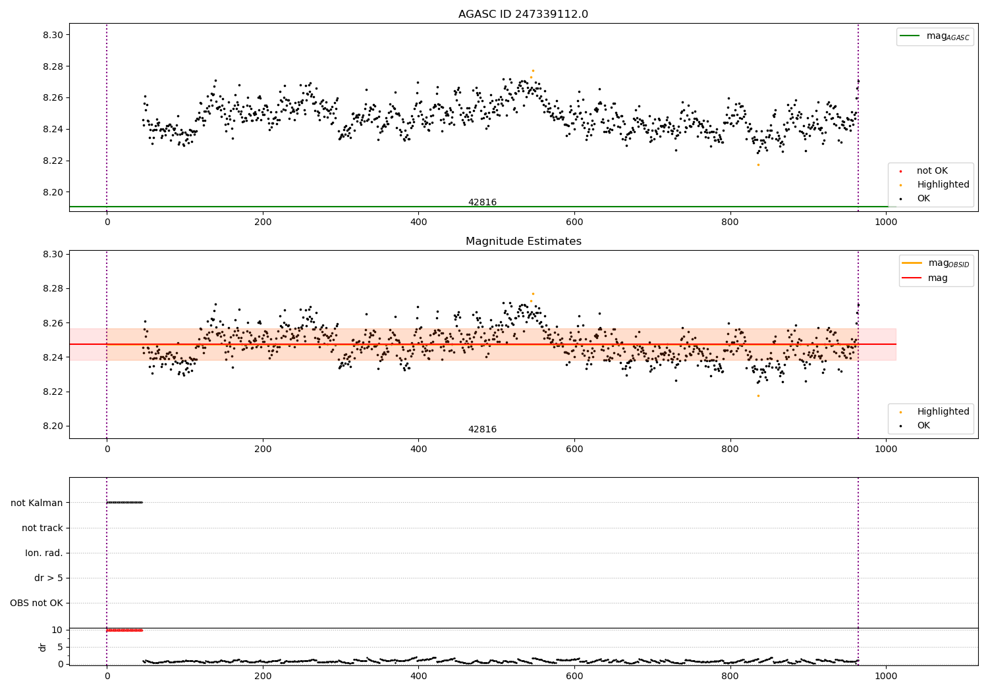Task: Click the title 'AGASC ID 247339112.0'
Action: pyautogui.click(x=523, y=14)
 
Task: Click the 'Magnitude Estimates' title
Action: pyautogui.click(x=523, y=242)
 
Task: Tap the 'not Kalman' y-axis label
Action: pyautogui.click(x=37, y=503)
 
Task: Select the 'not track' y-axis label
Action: pyautogui.click(x=42, y=528)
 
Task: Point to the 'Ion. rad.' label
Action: pyautogui.click(x=44, y=553)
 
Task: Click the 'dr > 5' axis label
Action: pyautogui.click(x=49, y=578)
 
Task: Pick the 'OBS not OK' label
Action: pyautogui.click(x=36, y=603)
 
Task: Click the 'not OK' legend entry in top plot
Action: pyautogui.click(x=932, y=171)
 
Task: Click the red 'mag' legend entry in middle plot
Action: pyautogui.click(x=937, y=278)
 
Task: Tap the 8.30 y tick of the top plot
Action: pyautogui.click(x=52, y=35)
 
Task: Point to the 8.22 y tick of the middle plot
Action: pyautogui.click(x=52, y=392)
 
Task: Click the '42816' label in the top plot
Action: pyautogui.click(x=482, y=202)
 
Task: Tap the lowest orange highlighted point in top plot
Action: pyautogui.click(x=758, y=165)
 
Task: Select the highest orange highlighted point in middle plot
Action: pyautogui.click(x=533, y=294)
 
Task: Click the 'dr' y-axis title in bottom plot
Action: pyautogui.click(x=43, y=647)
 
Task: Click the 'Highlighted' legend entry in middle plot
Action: pyautogui.click(x=943, y=411)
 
